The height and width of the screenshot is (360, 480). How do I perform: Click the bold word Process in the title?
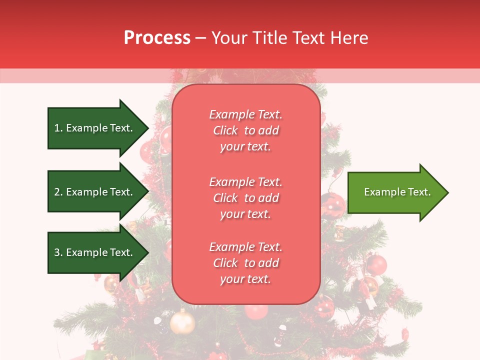(157, 38)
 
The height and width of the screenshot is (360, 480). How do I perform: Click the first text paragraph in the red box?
(245, 130)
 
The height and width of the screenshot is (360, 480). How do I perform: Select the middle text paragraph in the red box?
(245, 198)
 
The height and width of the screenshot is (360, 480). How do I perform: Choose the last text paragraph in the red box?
(245, 263)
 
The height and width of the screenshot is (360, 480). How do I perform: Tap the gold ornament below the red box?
(182, 322)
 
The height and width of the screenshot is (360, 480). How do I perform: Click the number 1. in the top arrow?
(58, 128)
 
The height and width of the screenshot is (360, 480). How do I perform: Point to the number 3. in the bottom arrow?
(58, 252)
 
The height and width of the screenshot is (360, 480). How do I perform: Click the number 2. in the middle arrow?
(58, 192)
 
